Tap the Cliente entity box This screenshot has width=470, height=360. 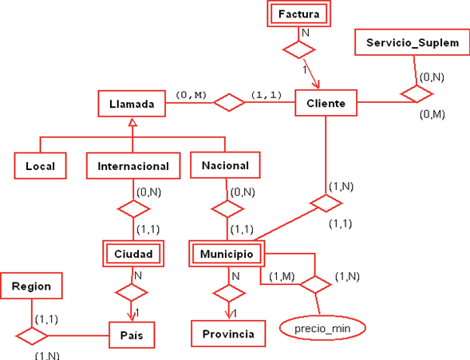326,103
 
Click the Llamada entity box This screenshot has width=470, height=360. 132,103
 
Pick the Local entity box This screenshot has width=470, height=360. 40,166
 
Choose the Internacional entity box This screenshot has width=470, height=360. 133,166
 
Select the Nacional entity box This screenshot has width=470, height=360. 226,165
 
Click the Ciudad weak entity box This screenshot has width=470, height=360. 133,254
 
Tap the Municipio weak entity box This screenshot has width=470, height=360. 227,254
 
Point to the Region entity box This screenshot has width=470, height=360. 32,286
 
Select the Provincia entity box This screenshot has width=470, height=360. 227,334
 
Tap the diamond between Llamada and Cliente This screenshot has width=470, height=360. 231,102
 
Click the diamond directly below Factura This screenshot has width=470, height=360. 302,49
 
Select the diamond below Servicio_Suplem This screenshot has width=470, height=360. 417,94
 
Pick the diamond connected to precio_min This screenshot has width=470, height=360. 314,284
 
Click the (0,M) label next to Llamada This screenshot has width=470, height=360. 192,95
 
